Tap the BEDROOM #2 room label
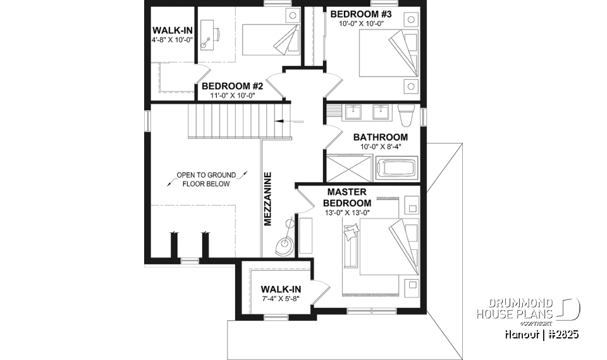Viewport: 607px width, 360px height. point(228,87)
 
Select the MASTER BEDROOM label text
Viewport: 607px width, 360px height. point(347,197)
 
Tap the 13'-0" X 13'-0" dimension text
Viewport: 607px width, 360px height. point(347,213)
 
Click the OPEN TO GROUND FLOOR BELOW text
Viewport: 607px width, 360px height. point(205,179)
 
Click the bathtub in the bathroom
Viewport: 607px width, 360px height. point(396,170)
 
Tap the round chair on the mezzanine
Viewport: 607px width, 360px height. point(284,244)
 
